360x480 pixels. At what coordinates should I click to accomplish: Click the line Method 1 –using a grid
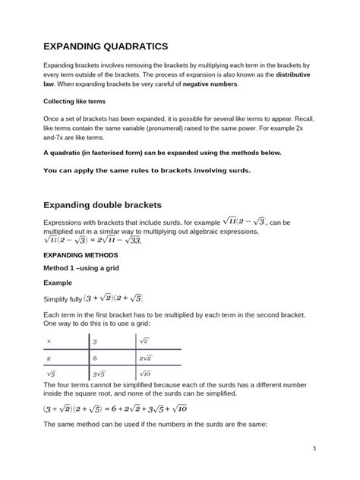point(85,269)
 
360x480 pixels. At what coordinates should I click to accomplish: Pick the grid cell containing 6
point(95,358)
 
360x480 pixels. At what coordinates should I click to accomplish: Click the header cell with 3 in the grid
point(95,343)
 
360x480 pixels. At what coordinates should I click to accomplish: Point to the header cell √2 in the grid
point(144,343)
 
